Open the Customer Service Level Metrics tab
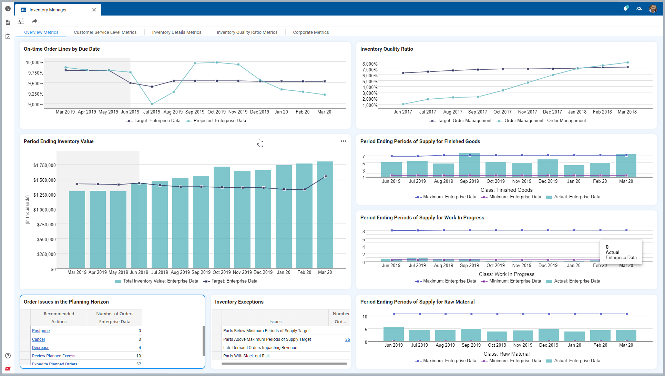click(105, 32)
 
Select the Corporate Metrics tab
click(311, 32)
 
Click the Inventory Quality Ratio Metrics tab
click(247, 32)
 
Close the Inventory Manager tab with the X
click(94, 10)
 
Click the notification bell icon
click(625, 9)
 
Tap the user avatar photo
click(653, 9)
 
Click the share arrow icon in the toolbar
click(34, 21)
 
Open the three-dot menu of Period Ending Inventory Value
click(344, 141)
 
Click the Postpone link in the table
click(41, 331)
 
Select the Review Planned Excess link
click(53, 356)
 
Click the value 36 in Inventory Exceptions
click(347, 339)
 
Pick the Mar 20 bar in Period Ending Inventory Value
click(325, 215)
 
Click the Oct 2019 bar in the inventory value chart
click(222, 218)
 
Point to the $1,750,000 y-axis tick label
click(44, 165)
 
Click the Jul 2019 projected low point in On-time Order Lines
click(152, 104)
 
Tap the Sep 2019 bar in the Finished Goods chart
click(470, 165)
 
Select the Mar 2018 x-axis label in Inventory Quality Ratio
click(627, 112)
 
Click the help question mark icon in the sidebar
click(8, 356)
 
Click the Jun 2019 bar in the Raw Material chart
click(393, 334)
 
